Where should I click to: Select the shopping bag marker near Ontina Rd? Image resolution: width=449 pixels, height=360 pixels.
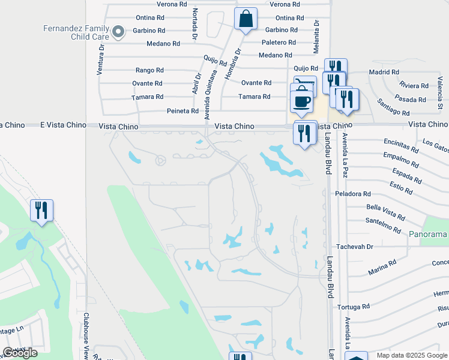[x=246, y=19]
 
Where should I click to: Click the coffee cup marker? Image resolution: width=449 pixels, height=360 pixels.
[x=301, y=99]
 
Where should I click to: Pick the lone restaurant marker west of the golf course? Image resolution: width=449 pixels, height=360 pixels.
[x=41, y=211]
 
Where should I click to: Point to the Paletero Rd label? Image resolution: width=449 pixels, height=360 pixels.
[x=279, y=43]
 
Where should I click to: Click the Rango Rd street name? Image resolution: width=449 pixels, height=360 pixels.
[x=149, y=70]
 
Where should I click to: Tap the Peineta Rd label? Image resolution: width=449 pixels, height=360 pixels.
[x=182, y=111]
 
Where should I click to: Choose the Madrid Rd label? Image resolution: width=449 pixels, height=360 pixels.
[x=384, y=72]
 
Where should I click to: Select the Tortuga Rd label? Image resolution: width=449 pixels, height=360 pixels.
[x=354, y=307]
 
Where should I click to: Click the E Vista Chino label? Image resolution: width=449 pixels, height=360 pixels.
[x=59, y=124]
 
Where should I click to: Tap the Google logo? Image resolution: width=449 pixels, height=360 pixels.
[x=20, y=353]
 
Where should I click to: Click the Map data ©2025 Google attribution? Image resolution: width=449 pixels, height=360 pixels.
[x=411, y=355]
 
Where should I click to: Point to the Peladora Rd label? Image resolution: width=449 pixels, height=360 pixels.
[x=354, y=194]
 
